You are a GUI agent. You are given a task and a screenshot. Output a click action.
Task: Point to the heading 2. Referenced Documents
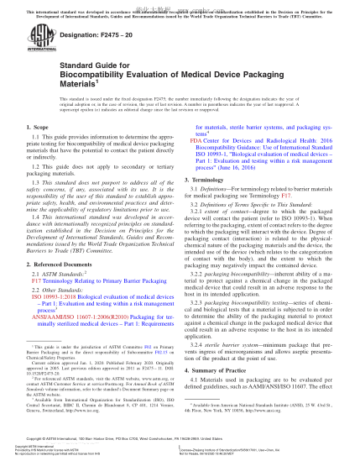click(x=71, y=276)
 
